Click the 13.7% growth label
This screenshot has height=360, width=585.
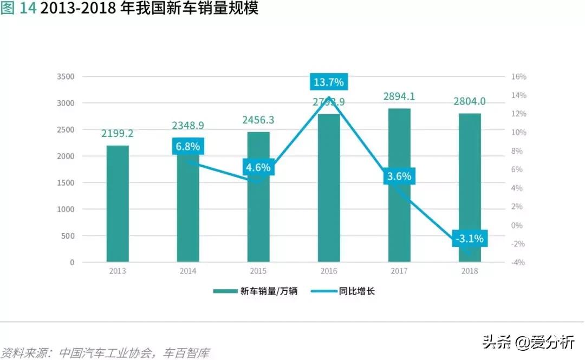coord(328,82)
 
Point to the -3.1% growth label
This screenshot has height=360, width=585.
coord(469,238)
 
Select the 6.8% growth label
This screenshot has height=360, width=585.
coord(188,146)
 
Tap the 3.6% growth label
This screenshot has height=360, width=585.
coord(399,176)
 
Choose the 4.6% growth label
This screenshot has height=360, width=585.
coord(258,167)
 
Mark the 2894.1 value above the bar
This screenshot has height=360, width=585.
coord(399,96)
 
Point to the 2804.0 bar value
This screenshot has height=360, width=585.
coord(469,101)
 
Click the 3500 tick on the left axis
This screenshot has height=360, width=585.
coord(66,77)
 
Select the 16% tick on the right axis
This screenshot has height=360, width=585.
coord(518,77)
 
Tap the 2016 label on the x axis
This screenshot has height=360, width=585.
coord(329,271)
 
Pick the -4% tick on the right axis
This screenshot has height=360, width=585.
coord(518,263)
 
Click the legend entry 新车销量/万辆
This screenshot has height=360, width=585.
coord(255,291)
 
